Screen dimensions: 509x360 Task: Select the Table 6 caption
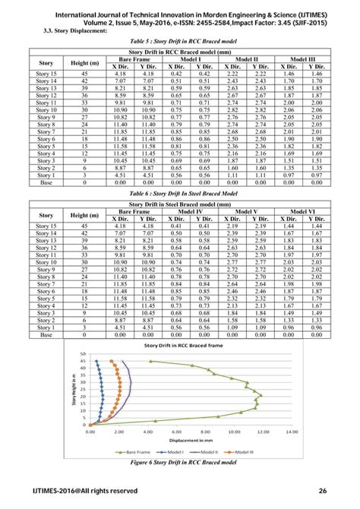(x=180, y=194)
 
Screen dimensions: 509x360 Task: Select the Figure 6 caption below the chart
(x=180, y=461)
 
